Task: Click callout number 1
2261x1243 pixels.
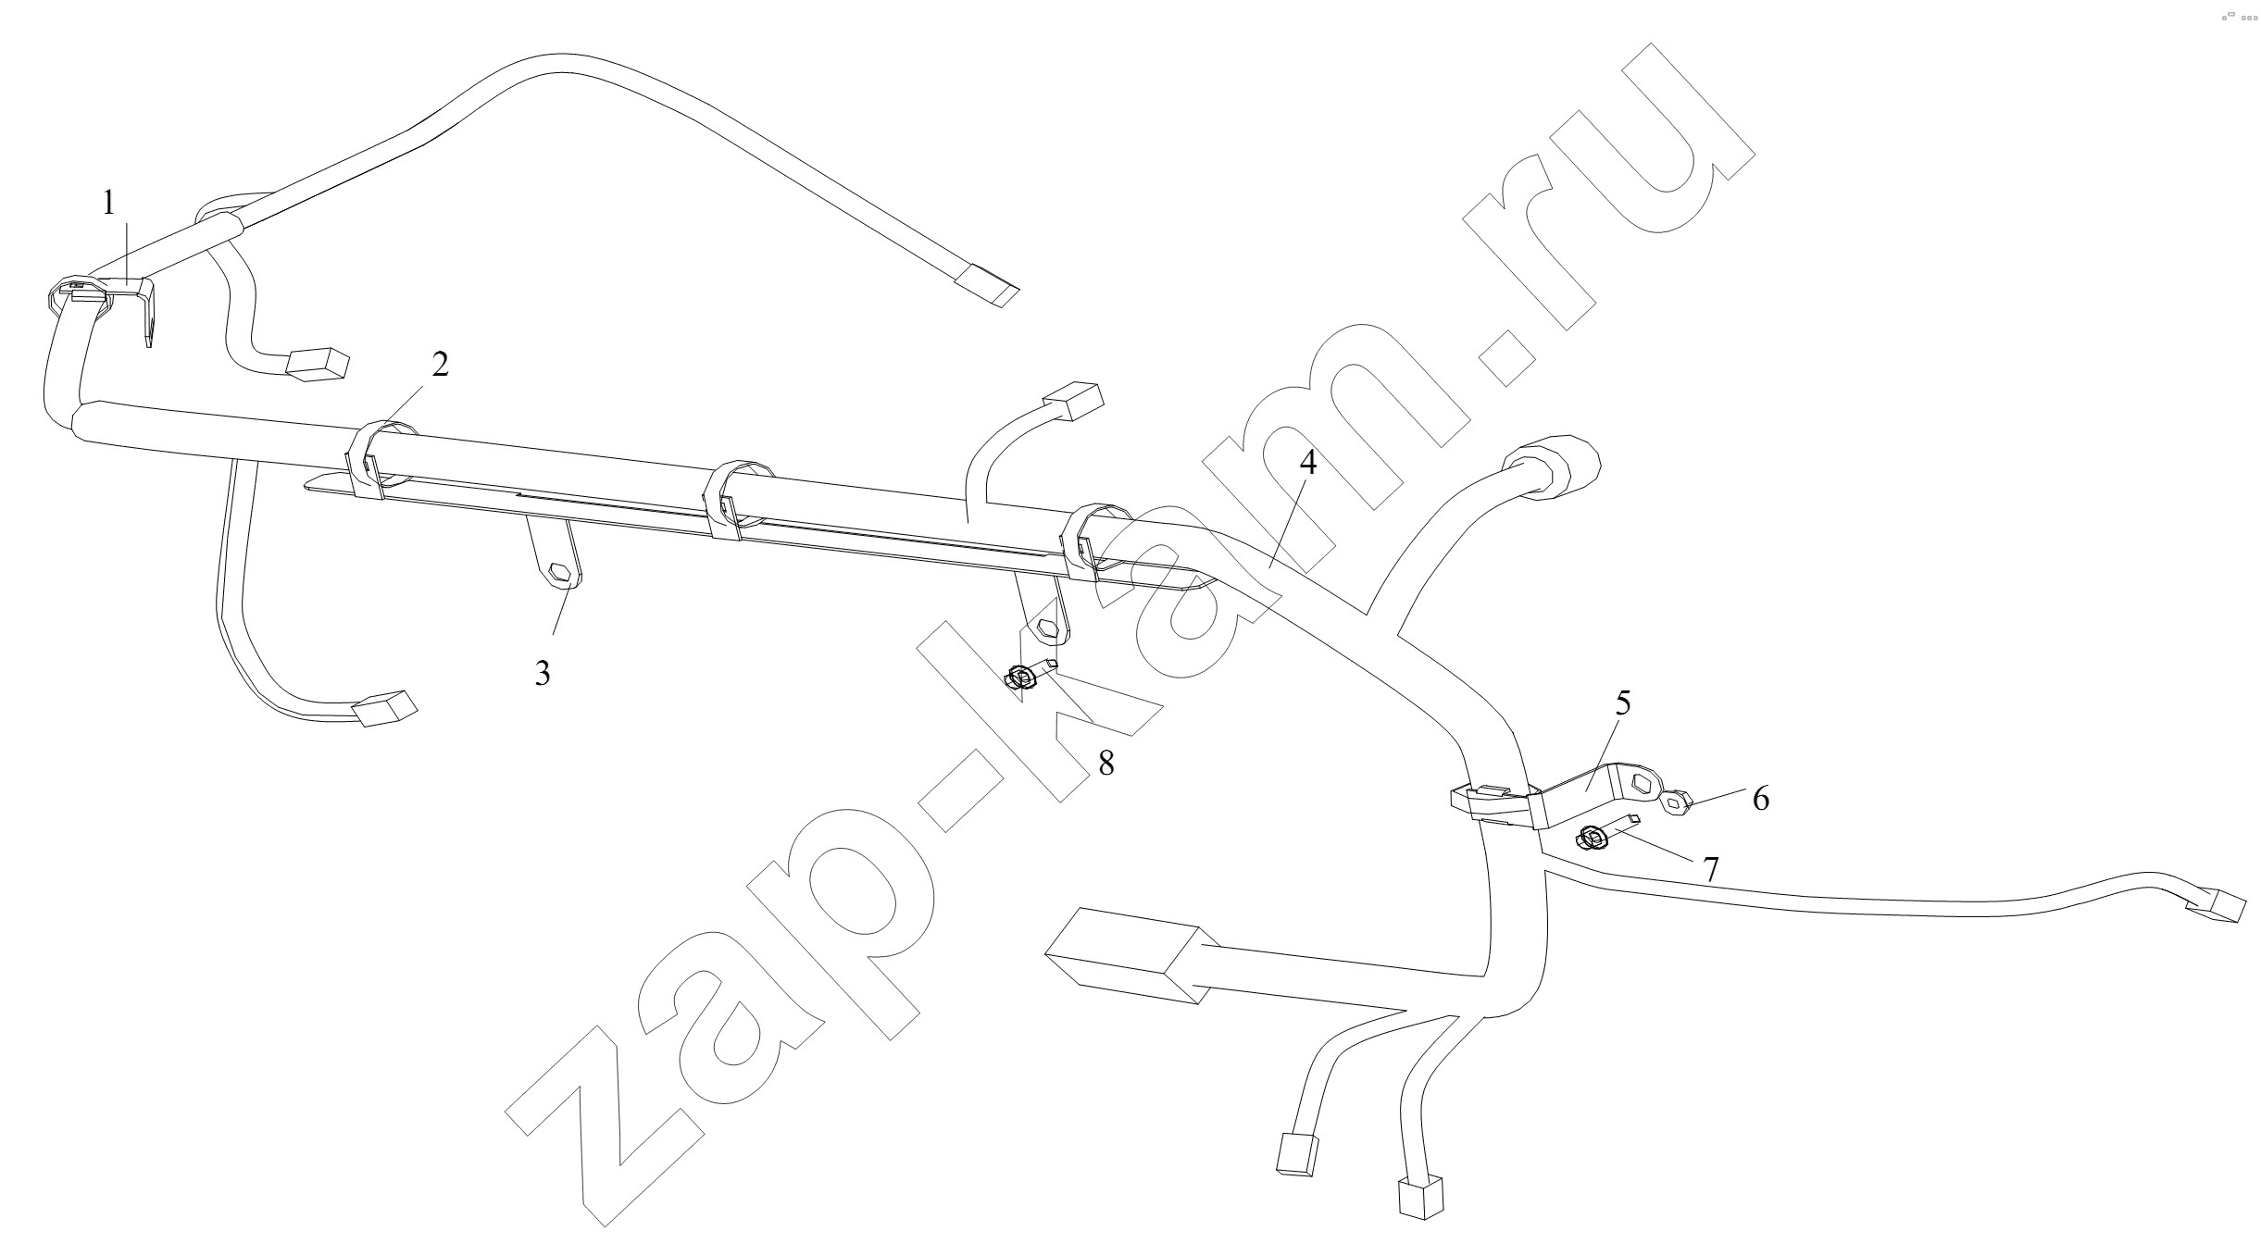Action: click(109, 203)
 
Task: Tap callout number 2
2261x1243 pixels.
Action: click(440, 365)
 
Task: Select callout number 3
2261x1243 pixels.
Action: click(543, 673)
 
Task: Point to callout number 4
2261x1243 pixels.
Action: click(1306, 464)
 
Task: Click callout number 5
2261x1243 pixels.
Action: click(1623, 702)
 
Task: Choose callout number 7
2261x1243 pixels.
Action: click(1711, 869)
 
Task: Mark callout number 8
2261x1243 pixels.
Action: click(1106, 763)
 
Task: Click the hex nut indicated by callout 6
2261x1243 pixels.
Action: click(1676, 802)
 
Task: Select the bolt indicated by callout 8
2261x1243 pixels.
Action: click(1030, 675)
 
